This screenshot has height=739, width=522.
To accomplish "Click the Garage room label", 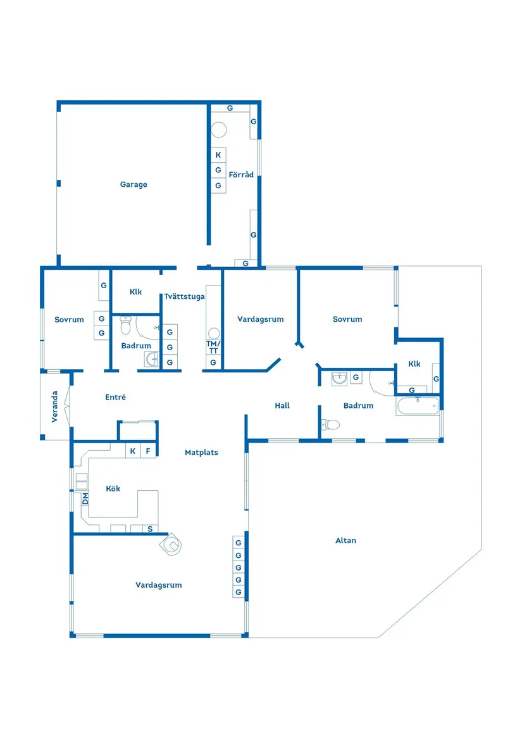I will pos(134,185).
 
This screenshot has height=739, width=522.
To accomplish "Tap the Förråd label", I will pos(241,175).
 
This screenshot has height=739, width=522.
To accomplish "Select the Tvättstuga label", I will pos(184,296).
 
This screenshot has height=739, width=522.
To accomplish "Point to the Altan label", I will pos(345,541).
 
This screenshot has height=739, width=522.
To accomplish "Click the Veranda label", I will pos(56,407).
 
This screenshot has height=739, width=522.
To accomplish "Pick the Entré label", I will pos(116,398).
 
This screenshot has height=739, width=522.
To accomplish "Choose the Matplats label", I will pos(201,453).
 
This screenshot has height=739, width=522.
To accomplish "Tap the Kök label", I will pos(113,489).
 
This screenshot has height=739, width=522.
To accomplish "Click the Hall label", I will pos(282,405).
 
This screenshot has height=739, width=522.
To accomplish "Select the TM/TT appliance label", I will pos(213,347).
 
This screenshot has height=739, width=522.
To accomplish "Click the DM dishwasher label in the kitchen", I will pos(85,499).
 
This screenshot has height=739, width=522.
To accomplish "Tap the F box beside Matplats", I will pos(148,452).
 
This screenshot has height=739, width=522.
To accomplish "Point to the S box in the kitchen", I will pos(150,529).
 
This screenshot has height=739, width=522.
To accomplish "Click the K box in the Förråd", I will pos(218,155).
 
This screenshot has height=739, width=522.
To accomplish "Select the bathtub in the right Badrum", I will pos(418,406).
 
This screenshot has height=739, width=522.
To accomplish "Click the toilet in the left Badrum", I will pos(125,327).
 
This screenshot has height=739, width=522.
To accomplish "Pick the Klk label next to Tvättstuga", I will pos(135,293).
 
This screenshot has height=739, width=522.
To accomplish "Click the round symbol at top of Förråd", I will pos(219,130).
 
